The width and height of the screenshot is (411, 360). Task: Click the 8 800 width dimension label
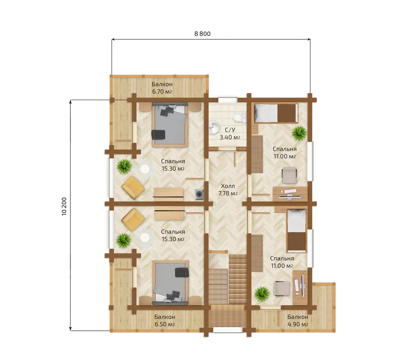click(202, 34)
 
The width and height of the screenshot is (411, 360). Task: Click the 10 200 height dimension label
click(64, 206)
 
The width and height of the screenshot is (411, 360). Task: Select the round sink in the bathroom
click(214, 127)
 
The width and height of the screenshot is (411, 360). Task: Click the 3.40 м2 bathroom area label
click(230, 137)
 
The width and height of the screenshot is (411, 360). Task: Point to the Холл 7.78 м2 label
click(228, 190)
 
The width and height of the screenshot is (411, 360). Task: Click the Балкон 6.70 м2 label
click(162, 88)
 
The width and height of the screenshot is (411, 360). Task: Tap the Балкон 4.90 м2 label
click(297, 320)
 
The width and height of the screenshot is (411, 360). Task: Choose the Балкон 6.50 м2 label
click(164, 320)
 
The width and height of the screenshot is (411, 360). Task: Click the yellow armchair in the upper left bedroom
click(133, 187)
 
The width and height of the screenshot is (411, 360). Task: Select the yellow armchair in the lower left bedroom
click(133, 219)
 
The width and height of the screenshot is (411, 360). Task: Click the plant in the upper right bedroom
click(299, 133)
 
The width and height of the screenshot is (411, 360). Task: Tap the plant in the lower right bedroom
click(262, 294)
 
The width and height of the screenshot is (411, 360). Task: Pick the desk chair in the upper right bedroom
click(289, 175)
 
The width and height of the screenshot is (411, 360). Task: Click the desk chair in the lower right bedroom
click(282, 288)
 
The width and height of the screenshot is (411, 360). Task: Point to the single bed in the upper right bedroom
click(276, 113)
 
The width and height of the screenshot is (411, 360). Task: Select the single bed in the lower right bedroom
click(297, 230)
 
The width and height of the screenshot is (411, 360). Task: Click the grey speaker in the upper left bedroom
click(200, 195)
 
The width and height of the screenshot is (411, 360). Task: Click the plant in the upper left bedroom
click(124, 167)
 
